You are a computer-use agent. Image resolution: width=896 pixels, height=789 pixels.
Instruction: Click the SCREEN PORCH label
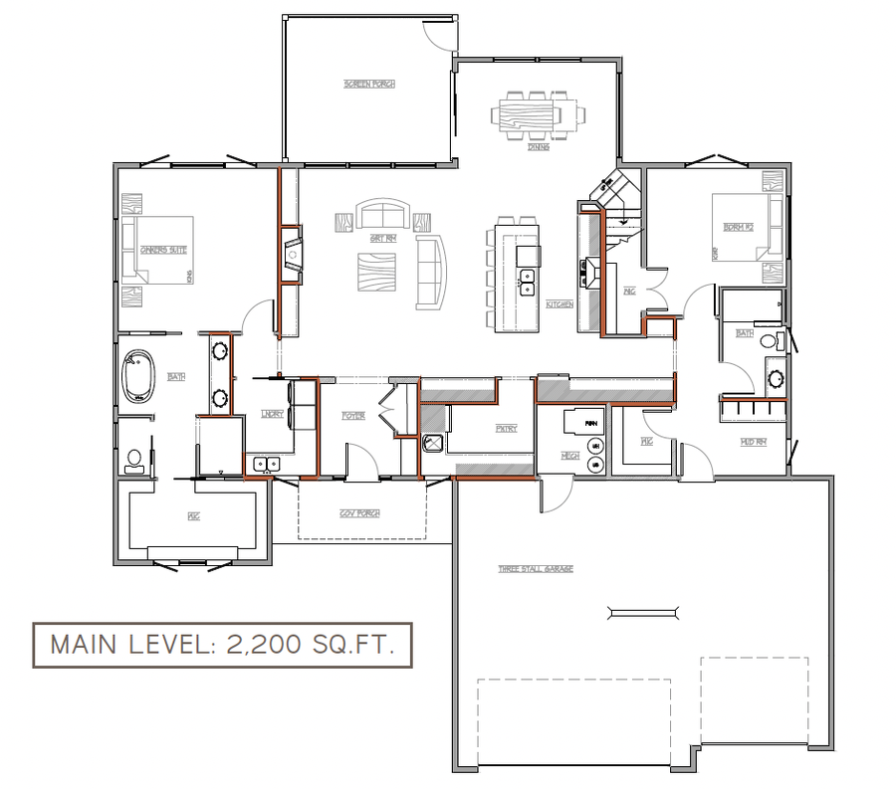pyautogui.click(x=369, y=85)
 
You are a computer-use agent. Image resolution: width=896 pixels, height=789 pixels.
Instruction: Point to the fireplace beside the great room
pyautogui.click(x=291, y=255)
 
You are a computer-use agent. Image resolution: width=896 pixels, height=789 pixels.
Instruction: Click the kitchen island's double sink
pyautogui.click(x=527, y=283)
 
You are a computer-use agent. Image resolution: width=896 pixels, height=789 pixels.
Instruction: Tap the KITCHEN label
pyautogui.click(x=560, y=303)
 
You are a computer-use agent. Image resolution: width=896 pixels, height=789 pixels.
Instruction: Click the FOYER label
pyautogui.click(x=353, y=415)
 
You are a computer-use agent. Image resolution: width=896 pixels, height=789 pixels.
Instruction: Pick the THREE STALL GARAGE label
pyautogui.click(x=536, y=569)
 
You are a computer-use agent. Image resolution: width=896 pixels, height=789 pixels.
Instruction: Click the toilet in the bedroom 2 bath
pyautogui.click(x=769, y=341)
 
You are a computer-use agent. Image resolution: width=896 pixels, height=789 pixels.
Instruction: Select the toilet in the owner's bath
pyautogui.click(x=134, y=460)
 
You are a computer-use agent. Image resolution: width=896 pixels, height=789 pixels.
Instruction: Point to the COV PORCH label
pyautogui.click(x=360, y=513)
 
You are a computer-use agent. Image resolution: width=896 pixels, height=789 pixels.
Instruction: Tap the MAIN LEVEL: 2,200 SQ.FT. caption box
pyautogui.click(x=221, y=645)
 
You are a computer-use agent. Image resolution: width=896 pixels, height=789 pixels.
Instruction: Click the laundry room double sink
pyautogui.click(x=266, y=463)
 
